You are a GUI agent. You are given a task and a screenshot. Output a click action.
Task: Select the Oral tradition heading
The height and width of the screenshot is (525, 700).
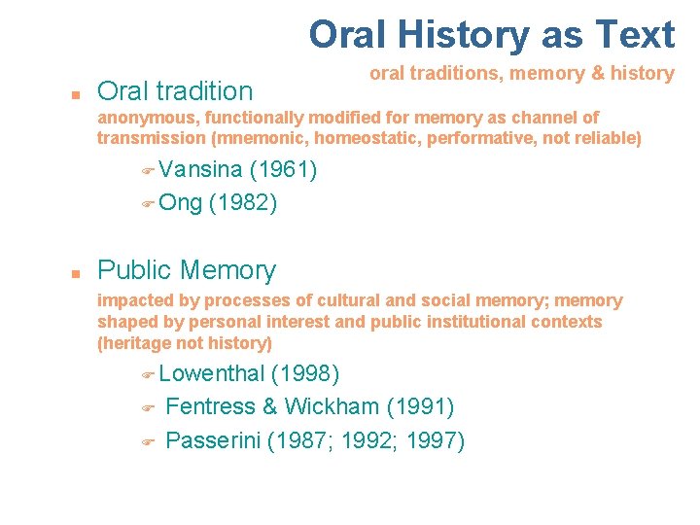coord(175,91)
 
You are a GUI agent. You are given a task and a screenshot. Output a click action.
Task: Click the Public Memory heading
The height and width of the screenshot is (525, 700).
coord(187,270)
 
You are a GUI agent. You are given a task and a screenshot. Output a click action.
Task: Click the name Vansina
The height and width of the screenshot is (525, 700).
coord(200,169)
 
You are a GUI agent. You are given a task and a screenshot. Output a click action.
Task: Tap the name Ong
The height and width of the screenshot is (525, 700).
coord(181,202)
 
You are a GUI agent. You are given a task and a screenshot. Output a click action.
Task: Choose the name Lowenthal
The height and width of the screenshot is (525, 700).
coord(211,373)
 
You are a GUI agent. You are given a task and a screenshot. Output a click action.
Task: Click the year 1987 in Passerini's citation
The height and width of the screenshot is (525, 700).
coord(313,440)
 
